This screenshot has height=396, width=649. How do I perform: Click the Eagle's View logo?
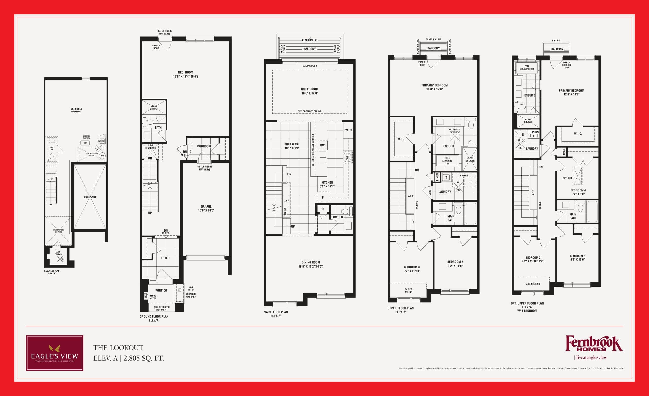(x=55, y=353)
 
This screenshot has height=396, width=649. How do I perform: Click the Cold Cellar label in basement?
(x=58, y=253)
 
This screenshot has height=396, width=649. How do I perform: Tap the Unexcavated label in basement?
(x=90, y=197)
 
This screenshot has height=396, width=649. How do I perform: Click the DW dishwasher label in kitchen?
(x=322, y=145)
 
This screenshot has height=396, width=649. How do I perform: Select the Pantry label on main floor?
(x=348, y=130)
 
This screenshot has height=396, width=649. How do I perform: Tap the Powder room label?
(x=337, y=217)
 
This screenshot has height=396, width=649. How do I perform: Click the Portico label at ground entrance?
(x=161, y=290)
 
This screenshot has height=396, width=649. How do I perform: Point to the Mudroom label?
(x=204, y=146)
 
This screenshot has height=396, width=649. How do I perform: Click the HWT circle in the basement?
(x=102, y=156)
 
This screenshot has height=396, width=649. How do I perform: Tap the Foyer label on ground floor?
(x=165, y=258)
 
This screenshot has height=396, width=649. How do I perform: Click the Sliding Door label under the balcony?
(x=310, y=66)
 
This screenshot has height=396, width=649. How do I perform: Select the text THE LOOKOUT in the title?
(x=118, y=348)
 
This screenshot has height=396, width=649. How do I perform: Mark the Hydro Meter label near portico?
(x=153, y=297)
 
